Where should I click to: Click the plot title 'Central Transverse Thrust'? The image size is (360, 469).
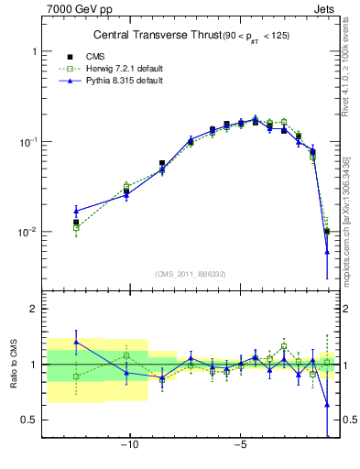147,36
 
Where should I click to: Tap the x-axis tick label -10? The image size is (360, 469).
129,446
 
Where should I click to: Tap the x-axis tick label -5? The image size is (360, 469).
240,446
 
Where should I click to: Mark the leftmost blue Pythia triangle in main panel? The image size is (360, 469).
76,211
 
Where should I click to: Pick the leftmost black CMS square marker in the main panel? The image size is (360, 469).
76,222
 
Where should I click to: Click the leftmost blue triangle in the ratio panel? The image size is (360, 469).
76,342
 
